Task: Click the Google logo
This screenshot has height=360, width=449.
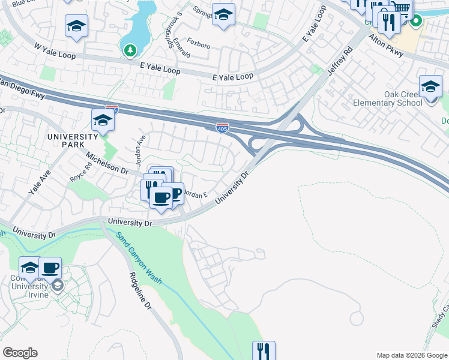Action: click(x=20, y=353)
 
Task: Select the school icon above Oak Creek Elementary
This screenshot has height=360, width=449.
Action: click(x=430, y=87)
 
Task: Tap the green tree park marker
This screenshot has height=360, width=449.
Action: click(x=130, y=50)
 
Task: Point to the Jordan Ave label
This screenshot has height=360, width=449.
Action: click(x=140, y=146)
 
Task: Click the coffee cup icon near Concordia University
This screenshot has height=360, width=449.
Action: click(x=50, y=268)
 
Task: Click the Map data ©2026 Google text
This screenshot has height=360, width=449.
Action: click(x=412, y=355)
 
